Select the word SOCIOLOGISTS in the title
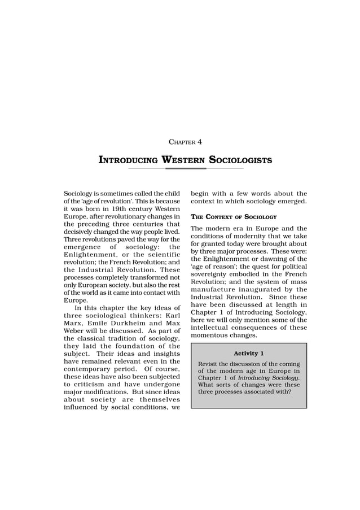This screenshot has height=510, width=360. click(x=240, y=160)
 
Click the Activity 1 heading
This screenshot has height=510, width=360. click(x=249, y=354)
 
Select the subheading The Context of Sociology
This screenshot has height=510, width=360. click(x=234, y=216)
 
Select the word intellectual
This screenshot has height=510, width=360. click(x=213, y=328)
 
